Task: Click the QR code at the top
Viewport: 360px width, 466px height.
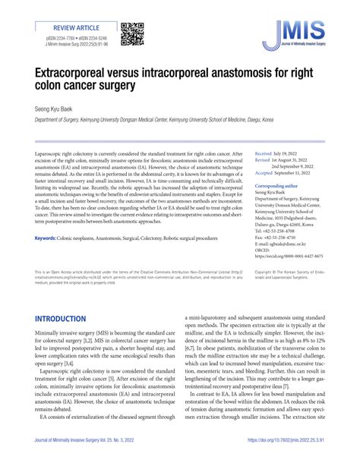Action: tap(131, 34)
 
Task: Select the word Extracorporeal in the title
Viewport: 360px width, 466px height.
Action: tap(86, 75)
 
